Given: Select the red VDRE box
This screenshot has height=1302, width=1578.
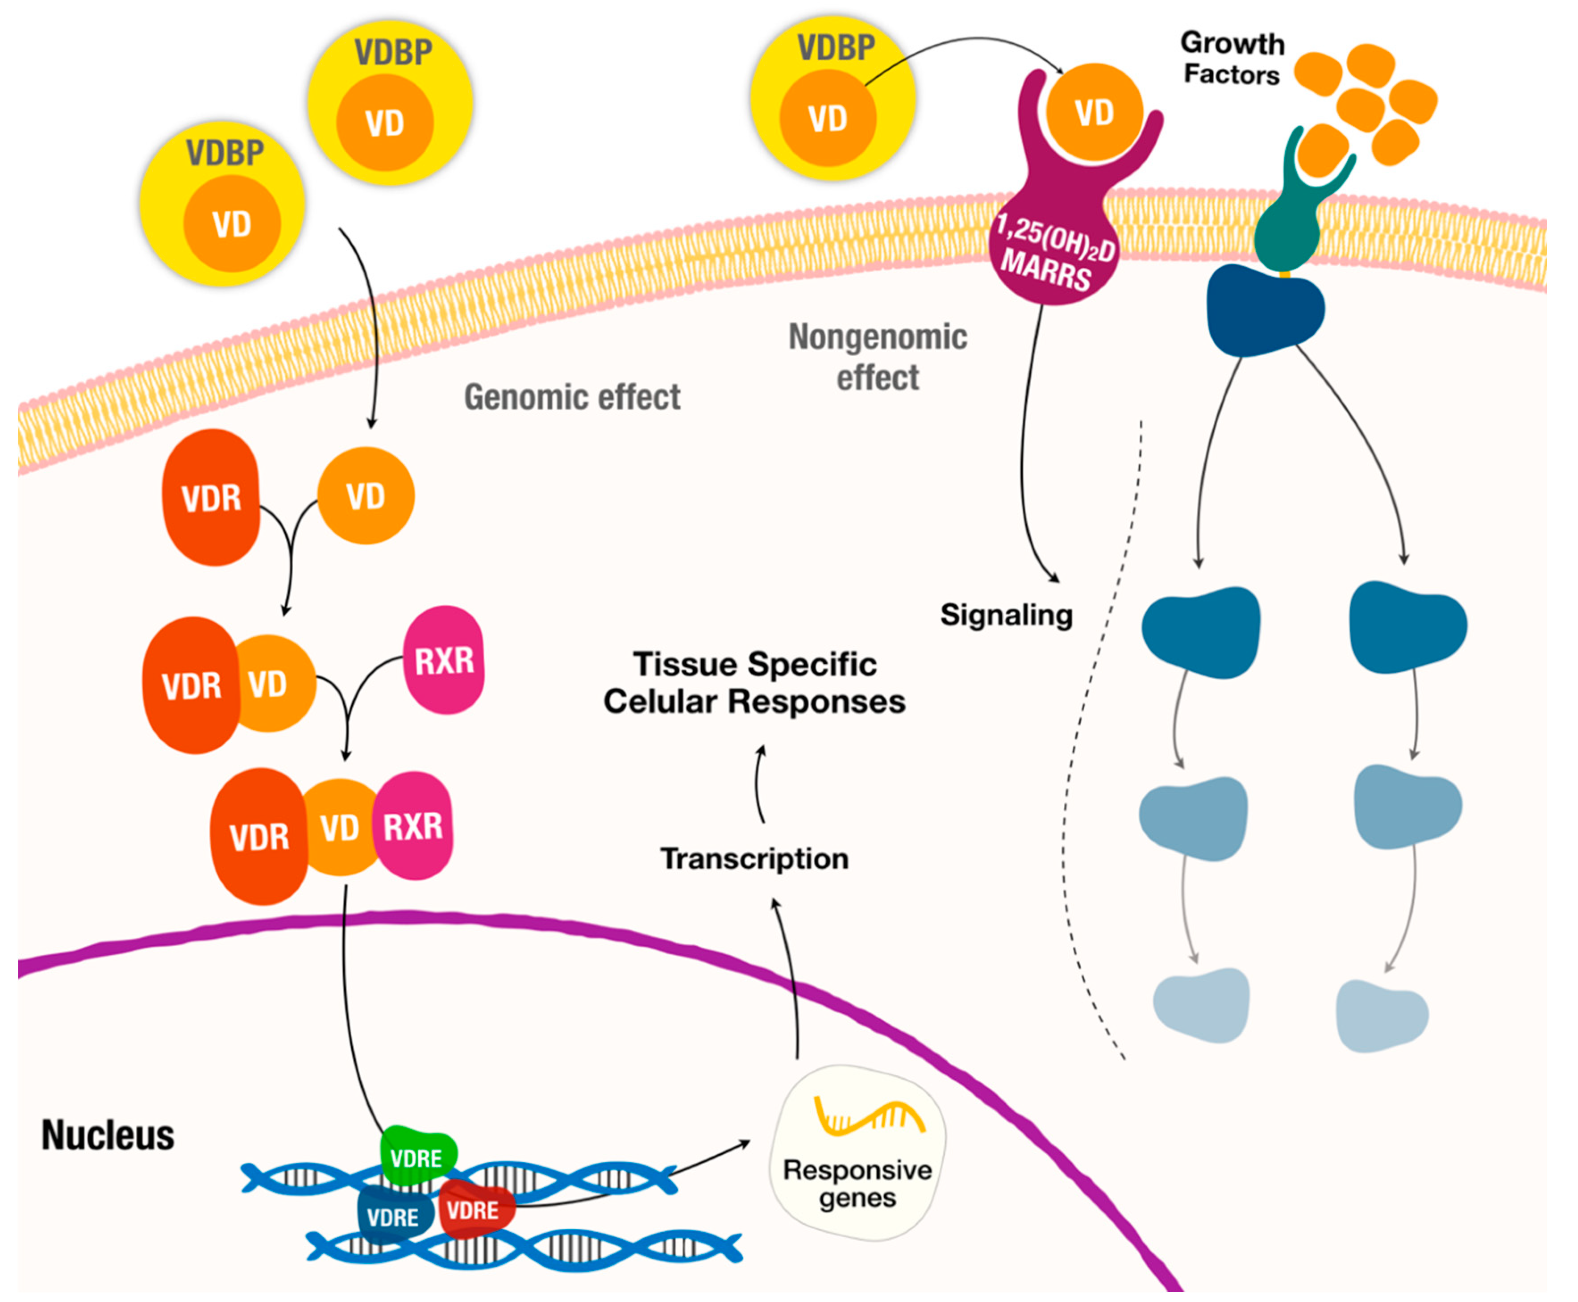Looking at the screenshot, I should point(475,1209).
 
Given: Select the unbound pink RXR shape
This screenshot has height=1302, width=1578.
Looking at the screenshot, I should point(444,661).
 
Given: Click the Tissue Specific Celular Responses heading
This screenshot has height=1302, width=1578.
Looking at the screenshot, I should point(754,682).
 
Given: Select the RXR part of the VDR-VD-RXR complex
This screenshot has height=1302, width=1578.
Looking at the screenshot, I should point(414,826).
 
